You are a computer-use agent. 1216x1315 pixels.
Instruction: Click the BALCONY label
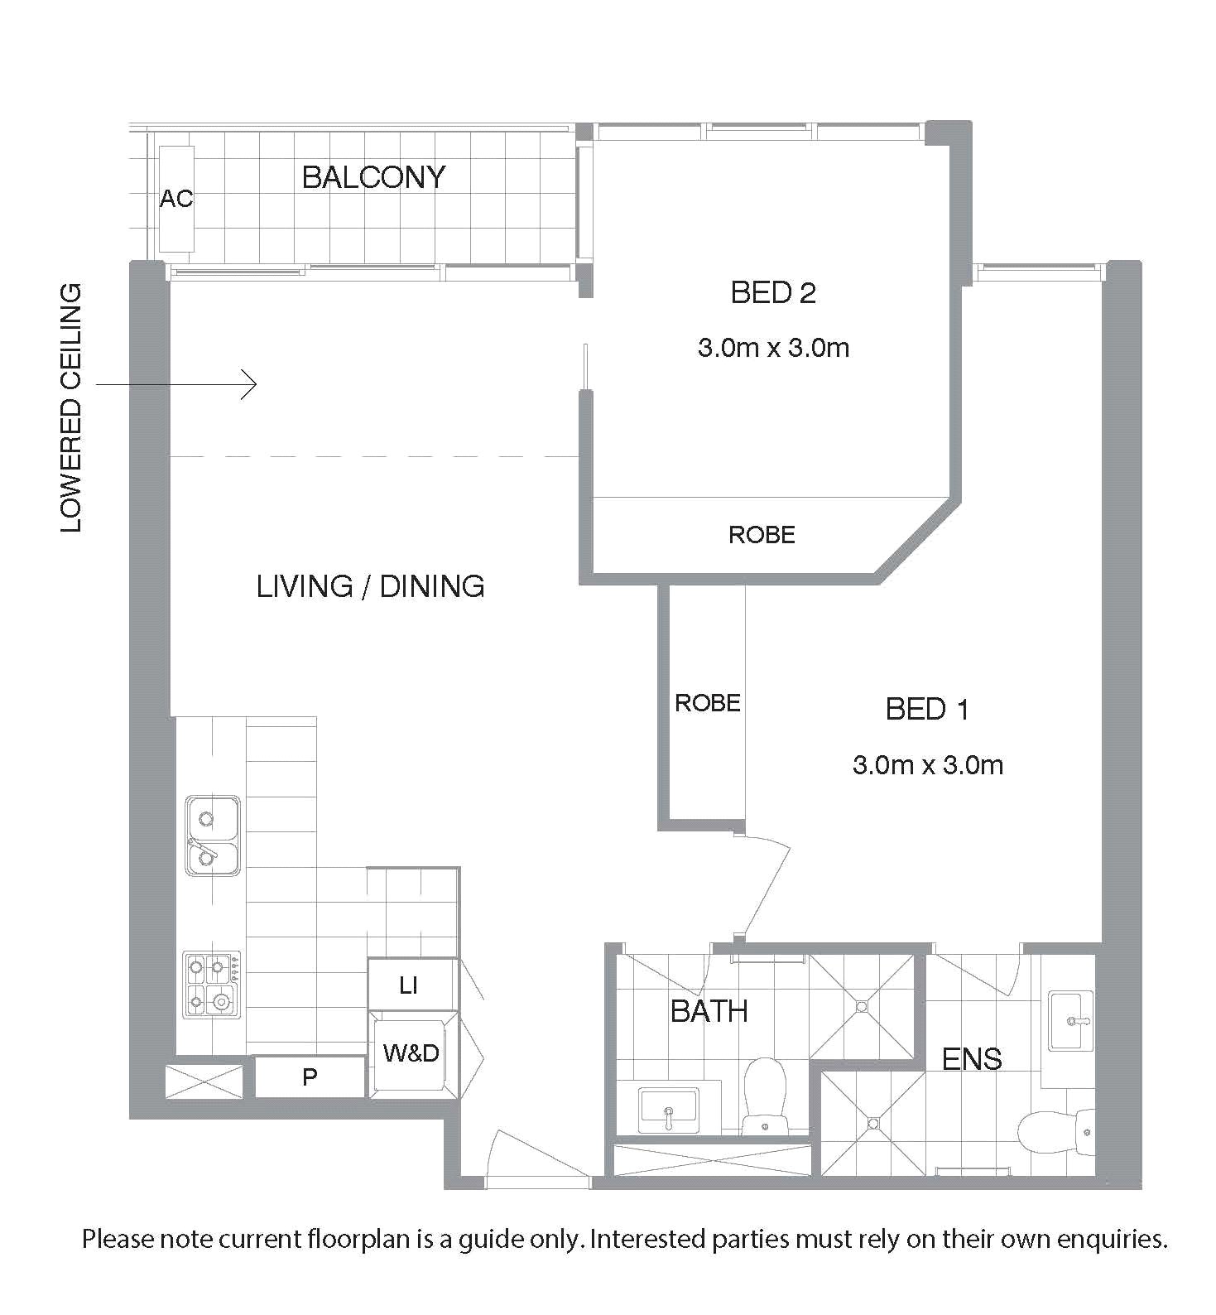(x=373, y=177)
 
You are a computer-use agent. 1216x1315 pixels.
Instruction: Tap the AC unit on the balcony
(x=176, y=199)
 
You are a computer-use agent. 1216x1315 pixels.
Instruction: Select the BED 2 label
(x=773, y=293)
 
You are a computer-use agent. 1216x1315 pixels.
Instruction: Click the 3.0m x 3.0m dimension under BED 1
(x=928, y=764)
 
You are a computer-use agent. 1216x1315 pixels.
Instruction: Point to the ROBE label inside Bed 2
(x=762, y=535)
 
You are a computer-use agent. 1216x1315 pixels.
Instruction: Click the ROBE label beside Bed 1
(x=707, y=703)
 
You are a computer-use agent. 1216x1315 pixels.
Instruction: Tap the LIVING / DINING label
(x=370, y=586)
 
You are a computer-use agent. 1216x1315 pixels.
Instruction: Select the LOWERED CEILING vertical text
(x=72, y=408)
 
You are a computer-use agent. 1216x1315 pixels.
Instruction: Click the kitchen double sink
(x=213, y=836)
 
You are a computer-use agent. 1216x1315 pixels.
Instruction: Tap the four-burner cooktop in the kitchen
(x=212, y=984)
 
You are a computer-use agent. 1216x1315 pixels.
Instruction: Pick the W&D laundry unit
(x=411, y=1053)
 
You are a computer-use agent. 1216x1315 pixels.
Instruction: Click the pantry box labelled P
(x=310, y=1077)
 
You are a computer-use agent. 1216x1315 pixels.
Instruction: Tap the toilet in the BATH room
(x=764, y=1097)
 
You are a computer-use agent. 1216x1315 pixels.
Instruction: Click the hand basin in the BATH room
(x=669, y=1111)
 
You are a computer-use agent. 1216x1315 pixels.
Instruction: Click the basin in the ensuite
(x=1070, y=1020)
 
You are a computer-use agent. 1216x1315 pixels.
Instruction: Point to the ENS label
(x=972, y=1059)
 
